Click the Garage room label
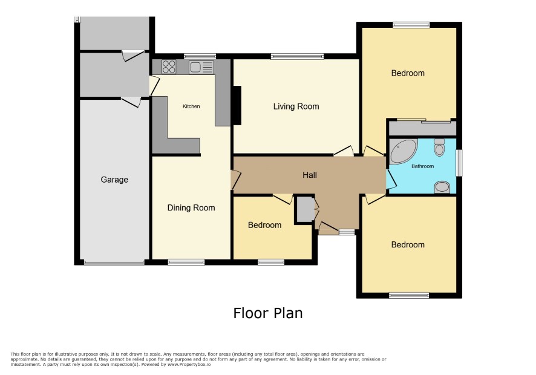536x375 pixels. point(114,180)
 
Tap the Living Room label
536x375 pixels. point(296,106)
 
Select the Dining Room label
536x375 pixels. point(191,207)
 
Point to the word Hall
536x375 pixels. point(310,175)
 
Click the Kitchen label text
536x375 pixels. point(191,106)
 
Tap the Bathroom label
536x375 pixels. point(422,166)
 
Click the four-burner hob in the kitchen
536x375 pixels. point(169,67)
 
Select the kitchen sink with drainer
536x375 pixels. point(201,67)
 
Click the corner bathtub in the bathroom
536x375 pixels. point(404,151)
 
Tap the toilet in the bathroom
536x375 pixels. point(439,147)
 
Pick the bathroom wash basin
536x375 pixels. point(442,187)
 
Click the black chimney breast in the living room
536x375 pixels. point(237,105)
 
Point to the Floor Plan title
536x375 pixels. point(268,313)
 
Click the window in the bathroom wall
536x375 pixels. point(459,163)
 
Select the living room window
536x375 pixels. point(297,56)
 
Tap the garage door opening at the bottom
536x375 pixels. point(114,262)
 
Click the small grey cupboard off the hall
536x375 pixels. point(305,209)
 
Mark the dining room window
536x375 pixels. point(186,262)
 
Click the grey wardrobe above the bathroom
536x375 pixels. point(422,128)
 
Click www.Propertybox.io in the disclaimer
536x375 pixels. point(189,364)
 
